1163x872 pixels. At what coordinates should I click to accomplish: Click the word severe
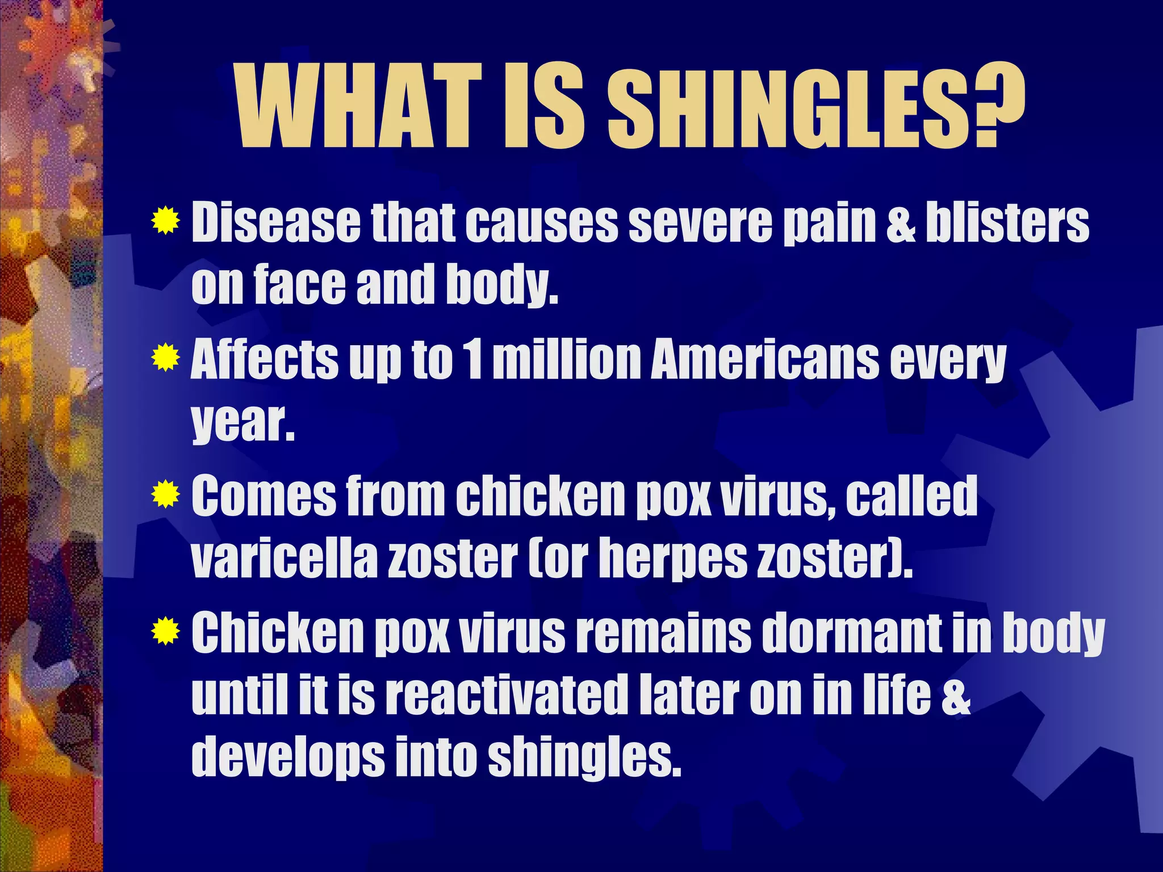pyautogui.click(x=701, y=223)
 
